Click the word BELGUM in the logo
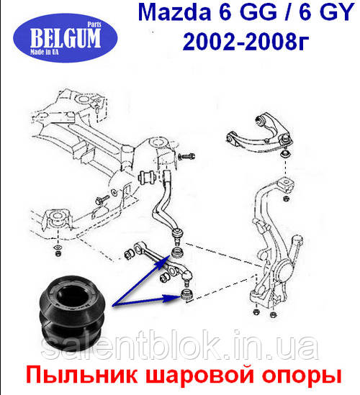click(x=66, y=38)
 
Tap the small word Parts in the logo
click(x=94, y=24)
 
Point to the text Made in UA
click(x=44, y=52)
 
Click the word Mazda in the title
click(x=174, y=12)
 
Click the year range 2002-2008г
click(x=246, y=41)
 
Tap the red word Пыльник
click(x=82, y=375)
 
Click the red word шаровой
click(x=199, y=376)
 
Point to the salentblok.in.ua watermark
click(x=179, y=345)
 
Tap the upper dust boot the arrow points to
click(x=177, y=253)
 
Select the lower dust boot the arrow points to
click(x=187, y=295)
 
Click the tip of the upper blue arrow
click(x=170, y=255)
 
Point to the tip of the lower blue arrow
click(x=181, y=296)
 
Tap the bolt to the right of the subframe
click(x=186, y=156)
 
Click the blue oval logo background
click(x=66, y=38)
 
